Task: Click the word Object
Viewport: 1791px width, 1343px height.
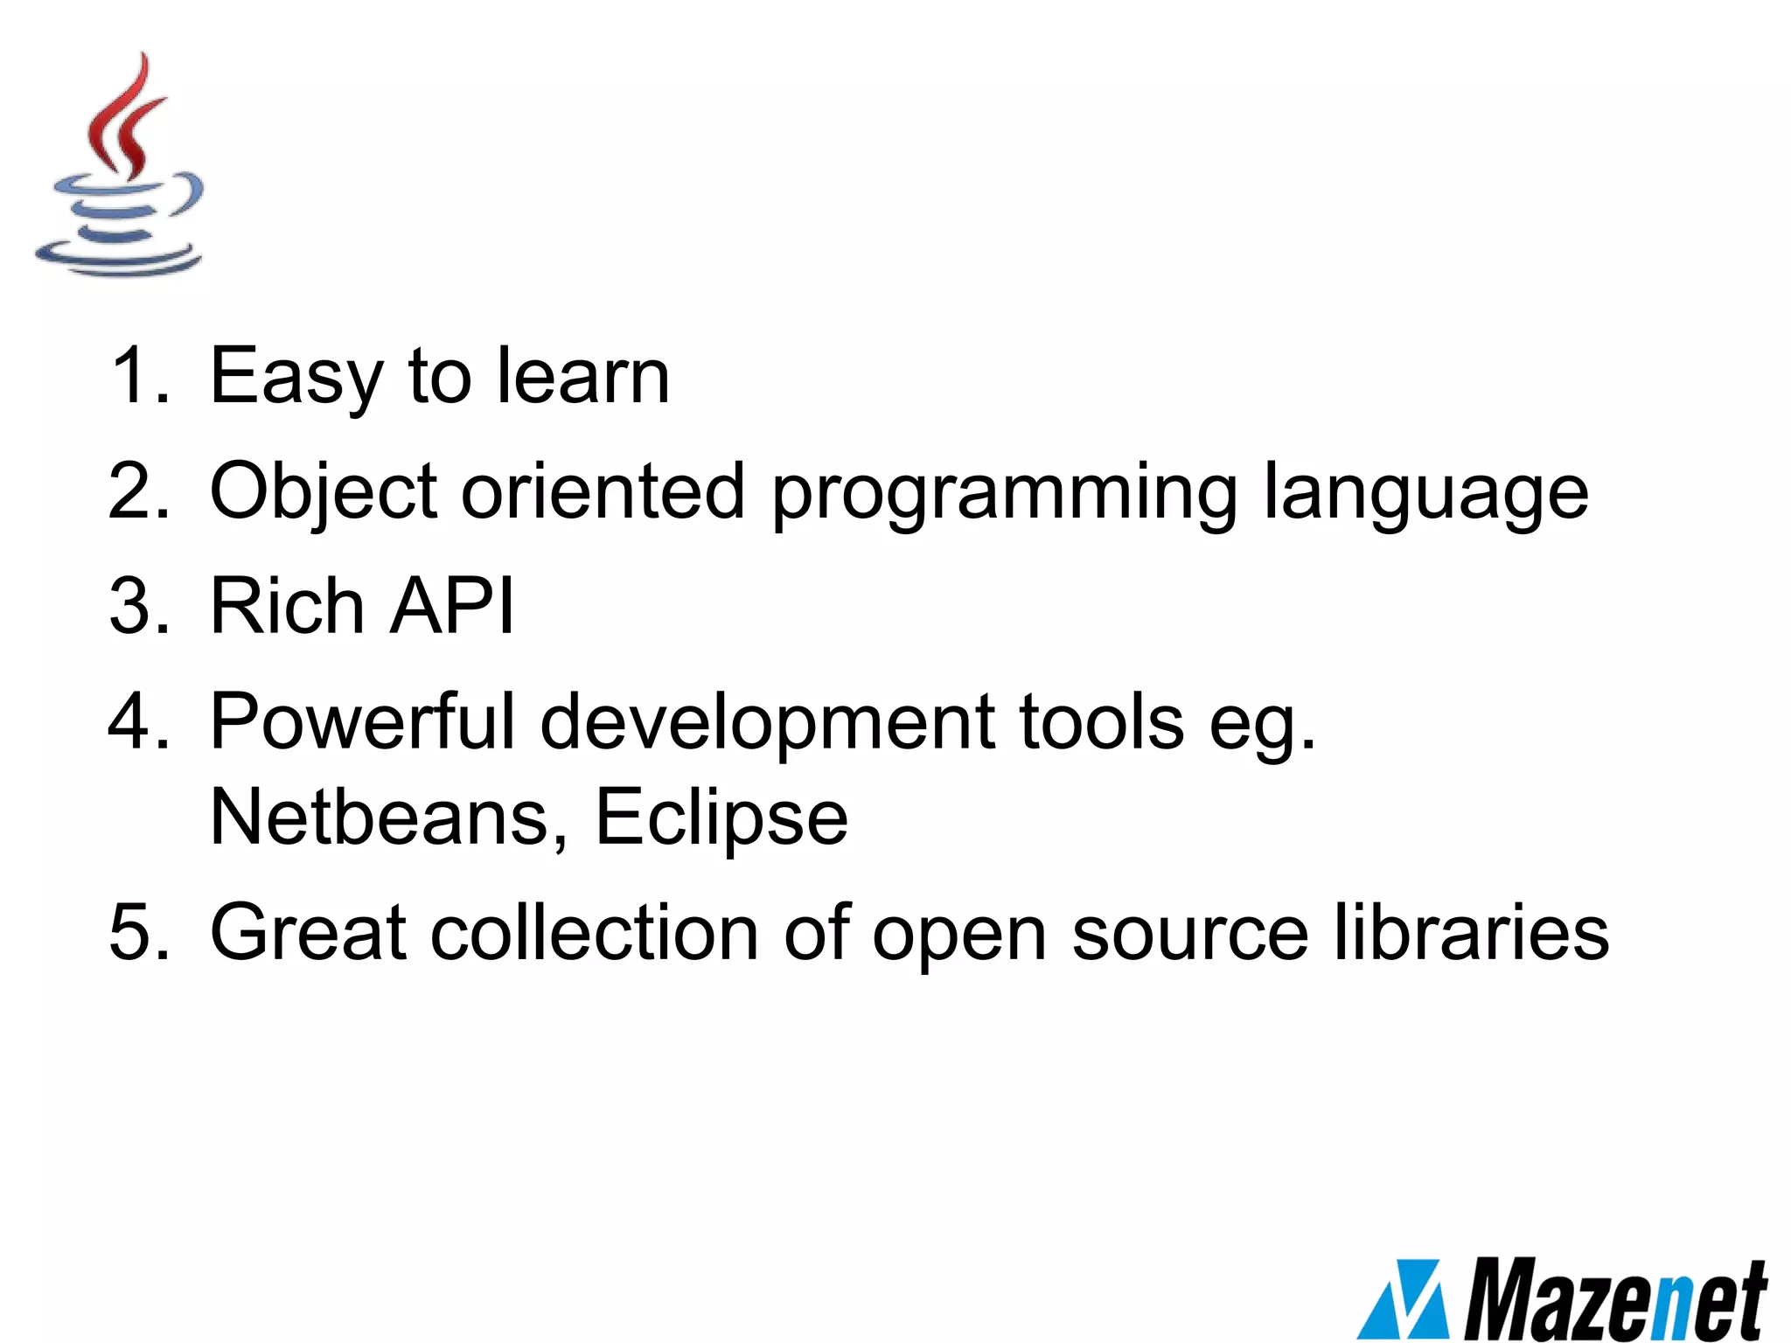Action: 324,492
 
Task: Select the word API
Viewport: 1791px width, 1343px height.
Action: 451,606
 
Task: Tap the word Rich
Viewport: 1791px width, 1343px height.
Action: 288,606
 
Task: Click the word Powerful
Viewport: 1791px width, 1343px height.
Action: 363,721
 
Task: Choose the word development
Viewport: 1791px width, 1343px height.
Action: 768,723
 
